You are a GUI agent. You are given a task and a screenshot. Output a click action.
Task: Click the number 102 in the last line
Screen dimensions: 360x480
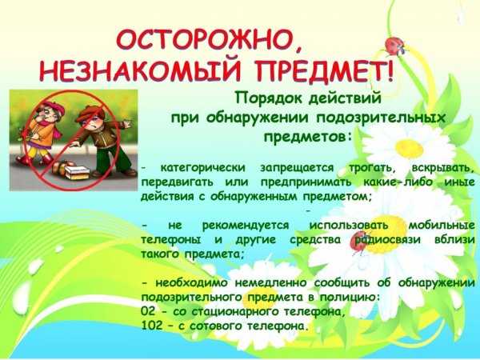tap(150, 326)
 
